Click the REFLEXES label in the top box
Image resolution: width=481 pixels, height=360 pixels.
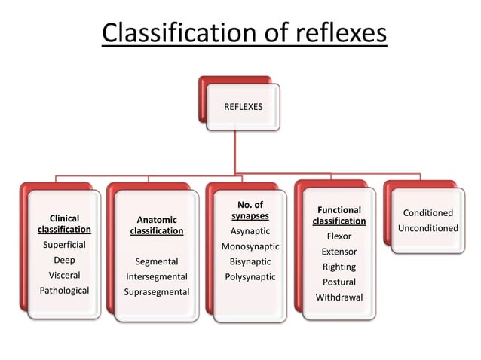click(x=243, y=107)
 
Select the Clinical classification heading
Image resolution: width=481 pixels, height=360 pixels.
click(x=64, y=224)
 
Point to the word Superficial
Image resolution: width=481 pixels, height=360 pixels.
click(x=64, y=245)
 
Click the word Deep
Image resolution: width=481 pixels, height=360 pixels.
click(x=64, y=260)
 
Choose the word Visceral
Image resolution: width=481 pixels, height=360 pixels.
click(x=64, y=276)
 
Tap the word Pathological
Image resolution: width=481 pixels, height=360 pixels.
click(x=64, y=291)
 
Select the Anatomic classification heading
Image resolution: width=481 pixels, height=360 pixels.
click(x=157, y=226)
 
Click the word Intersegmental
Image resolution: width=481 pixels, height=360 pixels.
click(x=157, y=276)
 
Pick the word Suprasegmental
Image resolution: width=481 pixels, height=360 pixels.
click(x=157, y=291)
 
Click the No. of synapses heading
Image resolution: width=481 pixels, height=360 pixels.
click(x=250, y=210)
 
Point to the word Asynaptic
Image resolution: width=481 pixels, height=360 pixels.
click(x=250, y=231)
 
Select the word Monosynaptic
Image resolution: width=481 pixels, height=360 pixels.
click(x=250, y=246)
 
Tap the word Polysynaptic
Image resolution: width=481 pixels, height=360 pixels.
click(x=250, y=277)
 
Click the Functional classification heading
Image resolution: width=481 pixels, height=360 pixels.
click(x=339, y=215)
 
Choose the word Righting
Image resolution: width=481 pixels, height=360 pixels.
click(x=339, y=267)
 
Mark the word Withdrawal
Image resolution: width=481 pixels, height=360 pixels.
click(x=339, y=297)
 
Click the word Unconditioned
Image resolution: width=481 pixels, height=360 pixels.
click(x=427, y=228)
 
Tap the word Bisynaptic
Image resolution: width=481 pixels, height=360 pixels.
click(x=250, y=261)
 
